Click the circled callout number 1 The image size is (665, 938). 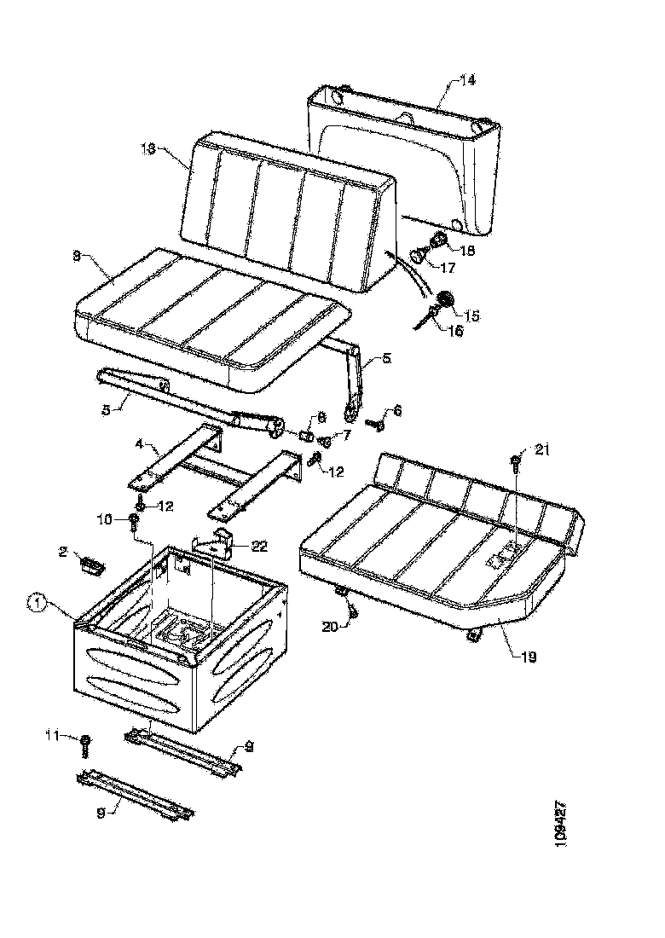pyautogui.click(x=36, y=603)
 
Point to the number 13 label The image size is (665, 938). pyautogui.click(x=149, y=147)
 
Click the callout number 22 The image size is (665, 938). pyautogui.click(x=258, y=545)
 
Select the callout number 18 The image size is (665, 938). pyautogui.click(x=468, y=251)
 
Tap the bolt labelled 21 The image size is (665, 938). pyautogui.click(x=516, y=463)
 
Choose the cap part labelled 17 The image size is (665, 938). pyautogui.click(x=419, y=254)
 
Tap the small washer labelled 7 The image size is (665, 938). pyautogui.click(x=324, y=441)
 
